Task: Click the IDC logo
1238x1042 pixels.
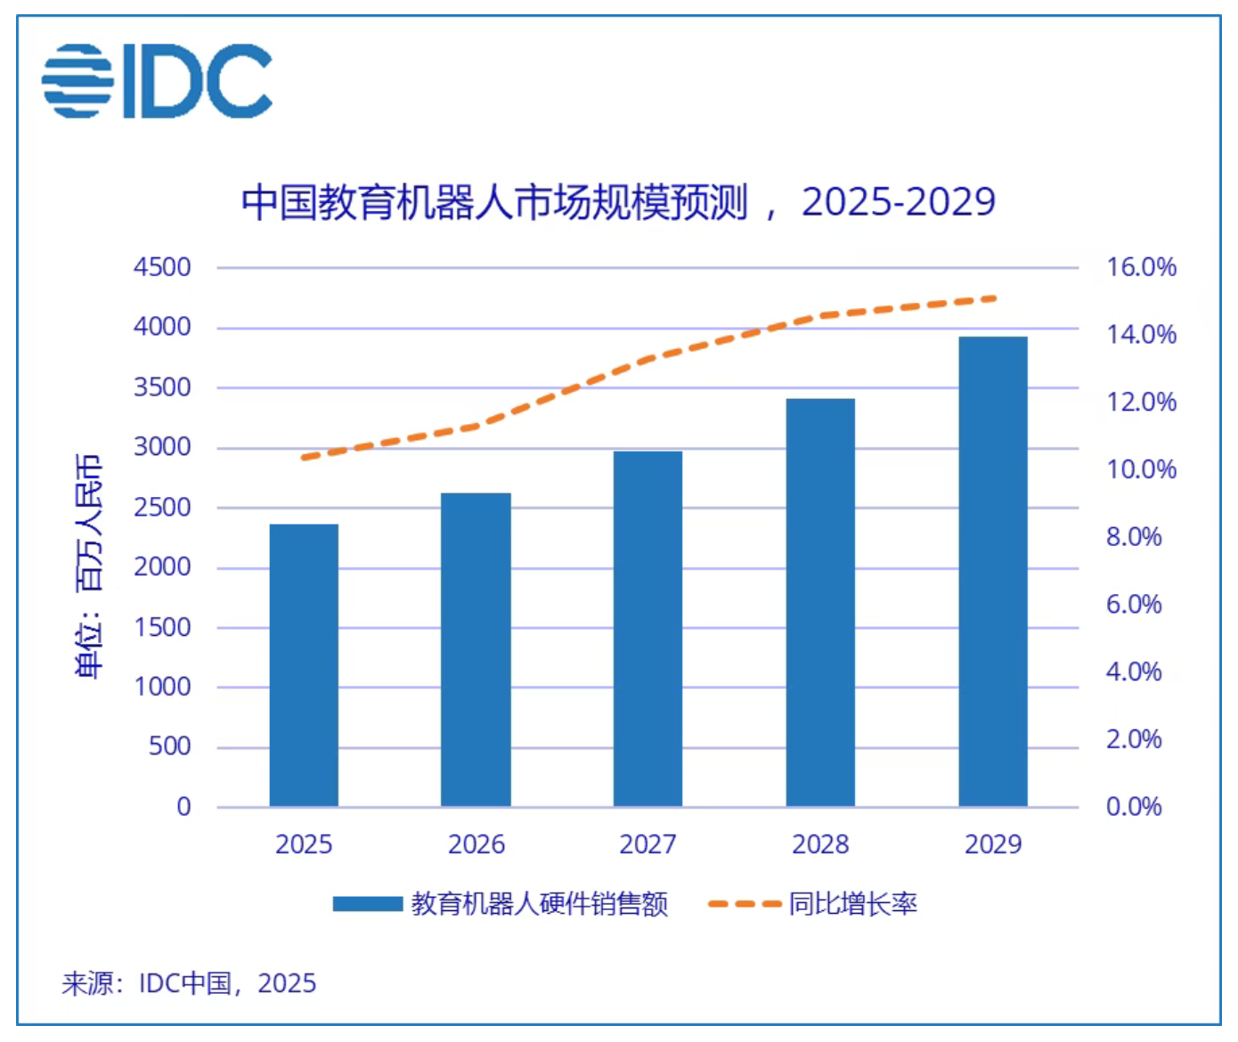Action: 157,81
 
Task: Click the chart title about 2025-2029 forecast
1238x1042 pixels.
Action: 618,202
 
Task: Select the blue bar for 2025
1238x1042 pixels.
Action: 304,665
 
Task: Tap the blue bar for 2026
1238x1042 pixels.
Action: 476,650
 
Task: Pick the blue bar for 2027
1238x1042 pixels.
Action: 648,629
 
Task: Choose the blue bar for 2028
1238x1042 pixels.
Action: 820,603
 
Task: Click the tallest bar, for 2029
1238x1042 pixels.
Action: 992,572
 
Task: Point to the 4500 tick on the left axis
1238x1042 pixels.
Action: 162,267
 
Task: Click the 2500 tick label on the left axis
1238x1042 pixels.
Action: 162,507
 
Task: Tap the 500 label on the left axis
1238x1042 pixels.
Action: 169,746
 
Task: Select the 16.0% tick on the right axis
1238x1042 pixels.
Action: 1141,267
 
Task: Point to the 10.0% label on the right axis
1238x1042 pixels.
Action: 1141,469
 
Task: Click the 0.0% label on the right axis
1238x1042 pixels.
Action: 1134,807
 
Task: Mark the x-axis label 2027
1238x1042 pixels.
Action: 648,844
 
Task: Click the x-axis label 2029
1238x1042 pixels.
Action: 992,844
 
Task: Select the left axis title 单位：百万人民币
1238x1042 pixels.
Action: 89,566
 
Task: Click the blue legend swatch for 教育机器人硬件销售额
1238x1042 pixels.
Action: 368,904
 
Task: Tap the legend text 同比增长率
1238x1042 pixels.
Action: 852,904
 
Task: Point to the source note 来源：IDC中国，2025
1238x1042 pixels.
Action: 189,983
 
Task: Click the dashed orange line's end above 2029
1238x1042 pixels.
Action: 992,298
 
